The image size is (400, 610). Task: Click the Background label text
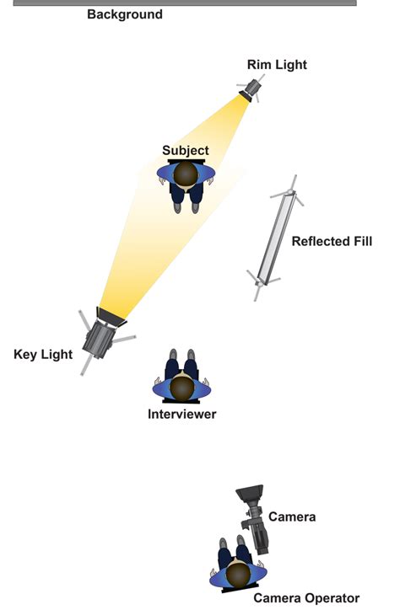[125, 14]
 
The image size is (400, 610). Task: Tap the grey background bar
[185, 3]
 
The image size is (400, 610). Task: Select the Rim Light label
[277, 65]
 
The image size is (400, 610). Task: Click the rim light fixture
[251, 90]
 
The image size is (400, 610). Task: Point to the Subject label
[186, 150]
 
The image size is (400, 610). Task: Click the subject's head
[186, 174]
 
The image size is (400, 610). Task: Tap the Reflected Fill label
[332, 241]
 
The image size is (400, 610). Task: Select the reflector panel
[276, 238]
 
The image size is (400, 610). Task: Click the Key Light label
[43, 355]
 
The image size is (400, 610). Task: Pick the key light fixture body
[100, 338]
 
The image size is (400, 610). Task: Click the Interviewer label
[182, 414]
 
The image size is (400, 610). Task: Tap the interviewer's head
[182, 388]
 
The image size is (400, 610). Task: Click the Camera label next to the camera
[292, 516]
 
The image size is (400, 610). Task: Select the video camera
[254, 518]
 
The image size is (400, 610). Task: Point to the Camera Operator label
[306, 598]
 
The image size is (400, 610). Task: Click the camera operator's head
[238, 575]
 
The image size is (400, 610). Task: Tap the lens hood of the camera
[250, 493]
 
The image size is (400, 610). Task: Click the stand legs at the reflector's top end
[289, 190]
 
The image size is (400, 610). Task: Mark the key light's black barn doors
[111, 317]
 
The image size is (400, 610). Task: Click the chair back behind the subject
[186, 161]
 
